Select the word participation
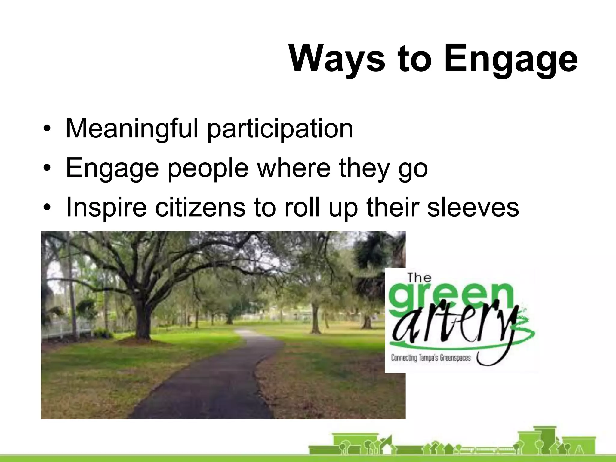click(280, 129)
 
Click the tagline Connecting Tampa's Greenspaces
click(431, 358)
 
